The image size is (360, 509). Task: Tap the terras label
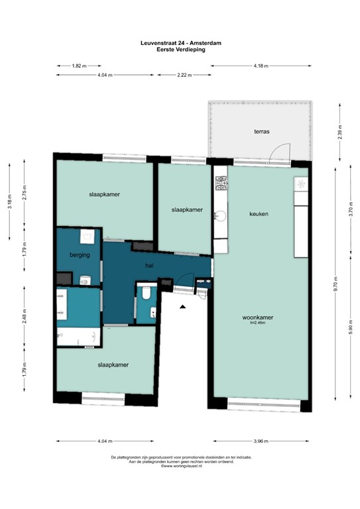[261, 132]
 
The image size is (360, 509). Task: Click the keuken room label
[259, 214]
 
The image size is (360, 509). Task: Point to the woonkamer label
[258, 317]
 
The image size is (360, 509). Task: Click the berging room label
[80, 254]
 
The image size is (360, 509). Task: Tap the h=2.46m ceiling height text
[258, 323]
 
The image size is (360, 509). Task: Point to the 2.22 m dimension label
[184, 76]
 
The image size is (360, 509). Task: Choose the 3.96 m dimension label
[261, 441]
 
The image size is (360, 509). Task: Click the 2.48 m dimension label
[25, 317]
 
